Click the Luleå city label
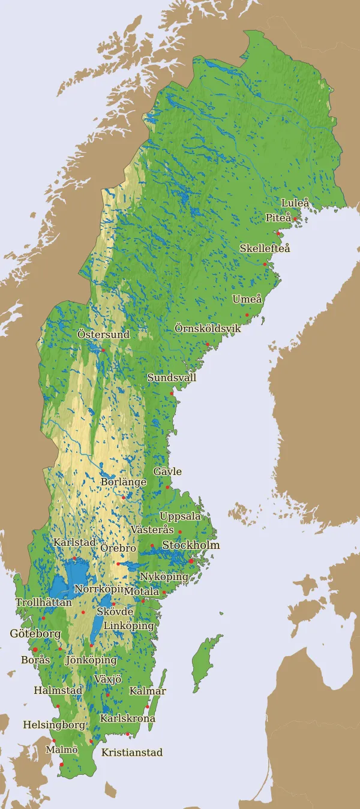pyautogui.click(x=295, y=203)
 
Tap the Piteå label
pyautogui.click(x=278, y=218)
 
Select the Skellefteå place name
pyautogui.click(x=265, y=248)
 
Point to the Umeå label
pyautogui.click(x=247, y=299)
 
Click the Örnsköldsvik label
pyautogui.click(x=208, y=329)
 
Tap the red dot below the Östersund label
pyautogui.click(x=103, y=350)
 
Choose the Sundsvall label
pyautogui.click(x=172, y=378)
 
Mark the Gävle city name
pyautogui.click(x=167, y=472)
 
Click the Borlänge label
pyautogui.click(x=124, y=482)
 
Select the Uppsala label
pyautogui.click(x=180, y=516)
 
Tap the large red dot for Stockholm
pyautogui.click(x=191, y=561)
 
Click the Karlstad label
pyautogui.click(x=74, y=543)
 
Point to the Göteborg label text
pyautogui.click(x=35, y=634)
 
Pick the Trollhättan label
pyautogui.click(x=44, y=603)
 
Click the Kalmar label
pyautogui.click(x=148, y=691)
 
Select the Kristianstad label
pyautogui.click(x=132, y=753)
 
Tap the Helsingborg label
pyautogui.click(x=54, y=725)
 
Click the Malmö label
pyautogui.click(x=62, y=750)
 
